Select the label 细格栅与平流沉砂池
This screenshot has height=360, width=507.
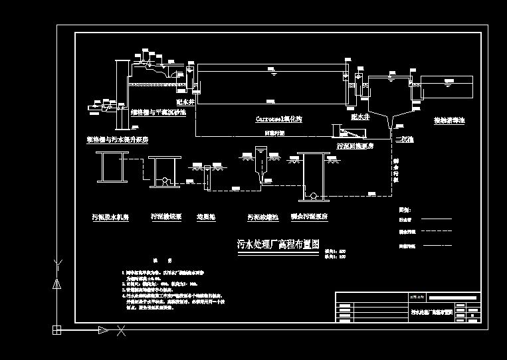[x=158, y=113]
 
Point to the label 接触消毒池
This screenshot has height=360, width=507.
[x=450, y=121]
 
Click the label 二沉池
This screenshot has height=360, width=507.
[x=403, y=139]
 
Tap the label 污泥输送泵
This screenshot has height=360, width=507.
[x=165, y=217]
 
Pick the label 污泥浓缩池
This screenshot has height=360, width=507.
[x=262, y=217]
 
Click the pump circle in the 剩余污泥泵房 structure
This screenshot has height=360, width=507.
[x=312, y=195]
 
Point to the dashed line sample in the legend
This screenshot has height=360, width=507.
[x=435, y=231]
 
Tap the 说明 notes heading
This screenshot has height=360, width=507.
[x=158, y=260]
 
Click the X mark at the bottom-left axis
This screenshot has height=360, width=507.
[x=121, y=329]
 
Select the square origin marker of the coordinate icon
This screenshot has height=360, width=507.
[x=57, y=329]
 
